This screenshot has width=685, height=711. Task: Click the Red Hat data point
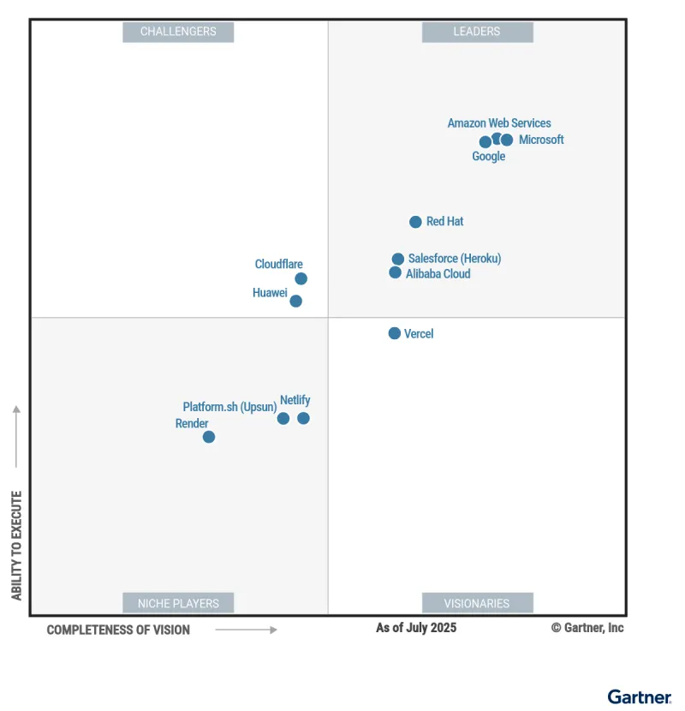[415, 222]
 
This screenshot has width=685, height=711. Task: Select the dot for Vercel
[394, 333]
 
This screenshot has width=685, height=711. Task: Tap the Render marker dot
[208, 437]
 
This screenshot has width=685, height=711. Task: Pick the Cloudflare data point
[301, 278]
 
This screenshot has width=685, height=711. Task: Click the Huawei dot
[295, 301]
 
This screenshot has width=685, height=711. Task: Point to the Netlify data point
[303, 418]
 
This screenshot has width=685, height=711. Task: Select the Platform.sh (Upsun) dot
[283, 418]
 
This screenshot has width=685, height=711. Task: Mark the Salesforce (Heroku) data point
[397, 259]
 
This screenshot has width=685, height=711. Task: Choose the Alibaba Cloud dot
[395, 272]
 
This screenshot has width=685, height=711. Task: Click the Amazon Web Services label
[499, 123]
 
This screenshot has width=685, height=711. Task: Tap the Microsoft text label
[541, 140]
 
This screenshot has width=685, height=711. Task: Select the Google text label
[489, 157]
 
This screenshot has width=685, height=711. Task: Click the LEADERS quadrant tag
[477, 32]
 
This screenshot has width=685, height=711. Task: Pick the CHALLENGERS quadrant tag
[178, 32]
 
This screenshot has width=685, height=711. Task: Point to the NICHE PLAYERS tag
[178, 603]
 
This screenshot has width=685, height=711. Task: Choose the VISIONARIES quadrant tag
[477, 603]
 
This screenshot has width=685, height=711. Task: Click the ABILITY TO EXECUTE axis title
[16, 545]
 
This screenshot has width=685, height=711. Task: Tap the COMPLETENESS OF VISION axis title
[118, 630]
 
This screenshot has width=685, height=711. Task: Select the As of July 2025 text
[416, 628]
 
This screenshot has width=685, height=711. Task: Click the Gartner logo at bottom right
[640, 696]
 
